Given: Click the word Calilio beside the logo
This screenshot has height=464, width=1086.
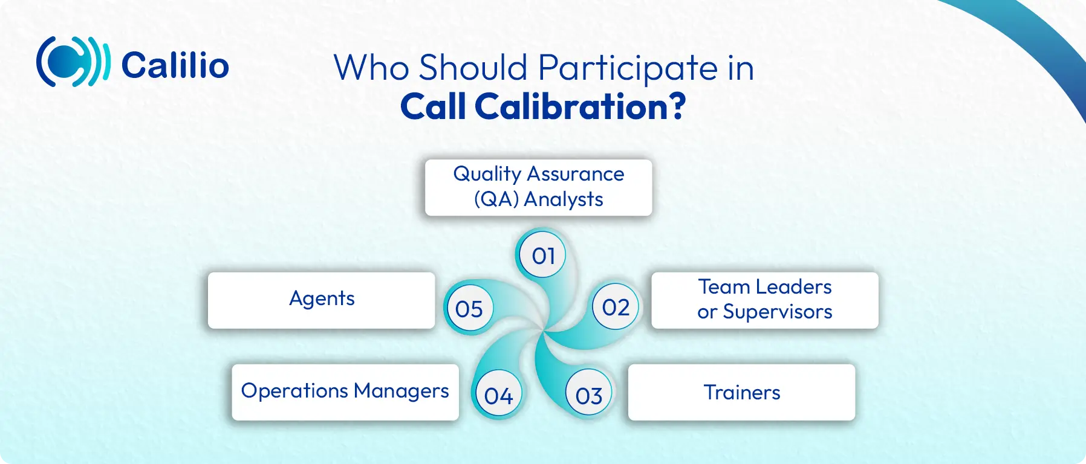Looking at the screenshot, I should click(175, 65).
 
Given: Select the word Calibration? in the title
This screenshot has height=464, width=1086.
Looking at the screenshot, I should click(580, 107).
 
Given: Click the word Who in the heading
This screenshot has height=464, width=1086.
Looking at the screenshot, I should click(371, 68).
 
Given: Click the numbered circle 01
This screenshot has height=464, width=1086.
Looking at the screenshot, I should click(543, 256).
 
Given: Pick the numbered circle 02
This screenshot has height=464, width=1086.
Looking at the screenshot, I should click(616, 308).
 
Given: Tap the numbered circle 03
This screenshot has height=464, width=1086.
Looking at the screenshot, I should click(588, 396).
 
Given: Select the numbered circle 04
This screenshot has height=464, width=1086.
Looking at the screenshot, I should click(498, 396).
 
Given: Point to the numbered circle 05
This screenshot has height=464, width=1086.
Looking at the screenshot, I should click(469, 309).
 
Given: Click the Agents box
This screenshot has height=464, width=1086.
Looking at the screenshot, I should click(321, 300).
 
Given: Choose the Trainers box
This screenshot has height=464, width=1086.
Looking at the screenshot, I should click(741, 392).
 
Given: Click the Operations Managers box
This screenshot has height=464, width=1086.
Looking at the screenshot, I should click(345, 392).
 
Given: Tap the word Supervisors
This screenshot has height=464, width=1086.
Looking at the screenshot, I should click(778, 312).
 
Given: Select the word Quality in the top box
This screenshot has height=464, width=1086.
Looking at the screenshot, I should click(487, 174).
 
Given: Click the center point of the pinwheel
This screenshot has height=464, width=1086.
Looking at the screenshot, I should click(544, 330).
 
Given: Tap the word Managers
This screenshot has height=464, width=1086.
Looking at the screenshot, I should click(401, 391).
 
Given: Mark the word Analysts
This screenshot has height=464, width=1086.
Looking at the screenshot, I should click(564, 199).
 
